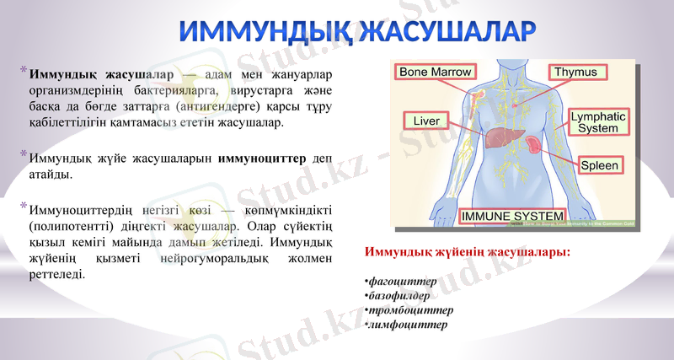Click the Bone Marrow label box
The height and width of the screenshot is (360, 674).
point(435,73)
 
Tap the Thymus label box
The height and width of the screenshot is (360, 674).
point(575,73)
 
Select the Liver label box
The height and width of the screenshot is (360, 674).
point(426,121)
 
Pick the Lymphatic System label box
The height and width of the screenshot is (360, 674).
point(598,122)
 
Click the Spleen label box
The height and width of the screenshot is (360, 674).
point(599,166)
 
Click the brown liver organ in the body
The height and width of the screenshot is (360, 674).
point(500,136)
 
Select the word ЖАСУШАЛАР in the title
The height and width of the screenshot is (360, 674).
point(447,31)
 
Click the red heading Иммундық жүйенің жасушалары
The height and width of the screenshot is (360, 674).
point(466,252)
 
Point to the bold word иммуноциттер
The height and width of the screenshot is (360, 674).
point(262,159)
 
